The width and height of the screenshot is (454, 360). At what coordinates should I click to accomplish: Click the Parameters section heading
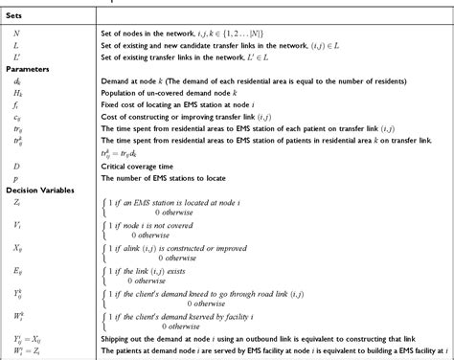[x=28, y=70]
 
